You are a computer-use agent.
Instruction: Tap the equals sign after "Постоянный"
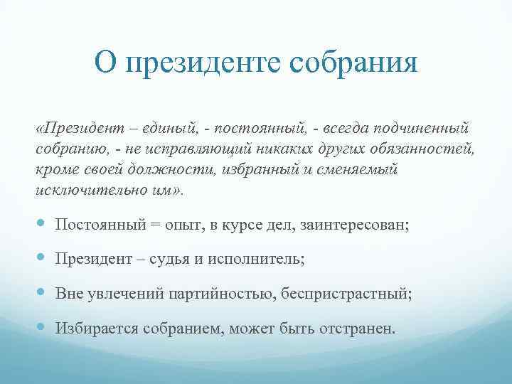pos(155,224)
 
